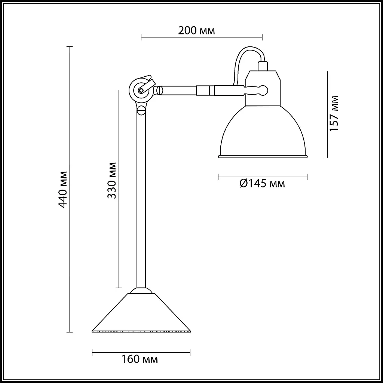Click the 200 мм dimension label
[x=196, y=31]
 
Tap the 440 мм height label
[x=63, y=190]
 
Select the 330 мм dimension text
[x=112, y=180]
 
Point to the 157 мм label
[x=334, y=113]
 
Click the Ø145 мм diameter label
[x=262, y=183]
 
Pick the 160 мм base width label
[x=140, y=359]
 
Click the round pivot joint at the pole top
[x=141, y=91]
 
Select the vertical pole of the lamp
[x=141, y=198]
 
